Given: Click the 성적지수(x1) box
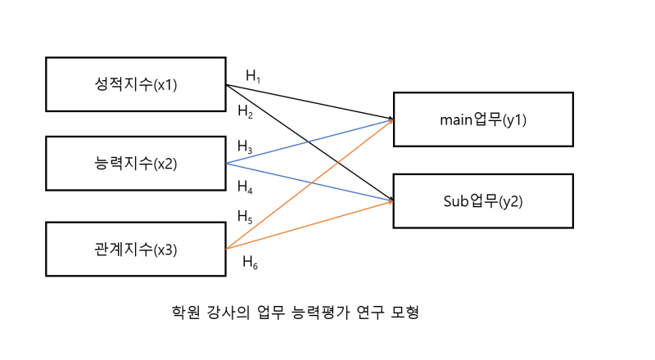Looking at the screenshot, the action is coord(136,84).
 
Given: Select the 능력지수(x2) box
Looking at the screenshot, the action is coord(136,164).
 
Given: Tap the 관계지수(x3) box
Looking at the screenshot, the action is coord(136,250).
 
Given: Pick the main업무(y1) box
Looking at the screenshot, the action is coord(483,119).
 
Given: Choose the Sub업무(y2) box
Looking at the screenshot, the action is coord(483,201).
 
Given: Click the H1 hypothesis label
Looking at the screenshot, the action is coord(253,76).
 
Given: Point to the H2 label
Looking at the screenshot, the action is coord(245,111).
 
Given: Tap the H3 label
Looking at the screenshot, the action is coord(245,146).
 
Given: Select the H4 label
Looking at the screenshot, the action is coord(245,187).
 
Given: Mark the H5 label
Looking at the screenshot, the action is coord(245,217).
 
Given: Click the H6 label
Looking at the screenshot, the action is coord(251,263).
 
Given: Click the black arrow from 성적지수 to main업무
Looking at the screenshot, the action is coord(309,102).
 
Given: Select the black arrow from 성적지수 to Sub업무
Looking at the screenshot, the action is coord(309,143).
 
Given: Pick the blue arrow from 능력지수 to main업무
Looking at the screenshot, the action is coord(309,142).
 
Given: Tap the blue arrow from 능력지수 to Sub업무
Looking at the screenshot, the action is coord(309,182).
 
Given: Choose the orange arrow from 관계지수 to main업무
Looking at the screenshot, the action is coord(309,184).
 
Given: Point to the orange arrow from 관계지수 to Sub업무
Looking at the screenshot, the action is coord(309,225).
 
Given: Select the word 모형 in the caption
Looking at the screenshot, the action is coord(404,312).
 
